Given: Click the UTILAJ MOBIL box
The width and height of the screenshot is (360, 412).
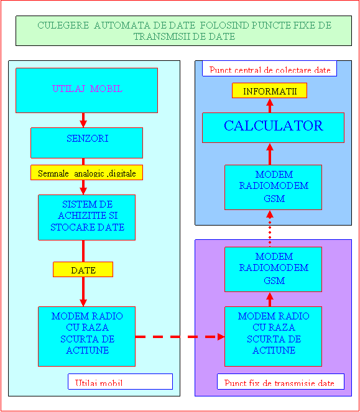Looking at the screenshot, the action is [87, 90].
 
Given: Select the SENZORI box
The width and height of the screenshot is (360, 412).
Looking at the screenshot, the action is [87, 143].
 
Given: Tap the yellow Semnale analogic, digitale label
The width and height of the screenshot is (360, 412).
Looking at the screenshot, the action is [87, 173].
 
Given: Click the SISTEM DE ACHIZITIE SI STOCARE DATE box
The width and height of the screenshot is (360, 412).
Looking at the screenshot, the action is [87, 217].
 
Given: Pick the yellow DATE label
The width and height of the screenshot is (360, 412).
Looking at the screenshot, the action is [83, 269].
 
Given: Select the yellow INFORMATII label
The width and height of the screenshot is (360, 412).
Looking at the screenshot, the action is [270, 91].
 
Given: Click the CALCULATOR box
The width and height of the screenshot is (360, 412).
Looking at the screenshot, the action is [273, 127].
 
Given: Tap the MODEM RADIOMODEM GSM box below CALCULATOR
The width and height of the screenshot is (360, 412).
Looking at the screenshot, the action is [273, 187].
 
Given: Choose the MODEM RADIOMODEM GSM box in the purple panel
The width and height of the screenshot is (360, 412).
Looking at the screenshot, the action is [273, 269].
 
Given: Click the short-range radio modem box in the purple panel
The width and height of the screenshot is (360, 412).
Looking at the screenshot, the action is [273, 336].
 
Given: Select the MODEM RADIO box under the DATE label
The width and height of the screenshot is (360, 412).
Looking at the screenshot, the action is [87, 336].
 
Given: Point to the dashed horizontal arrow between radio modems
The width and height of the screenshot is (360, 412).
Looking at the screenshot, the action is [180, 337].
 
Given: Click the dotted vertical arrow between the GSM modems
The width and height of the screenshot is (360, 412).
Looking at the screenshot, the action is [270, 229].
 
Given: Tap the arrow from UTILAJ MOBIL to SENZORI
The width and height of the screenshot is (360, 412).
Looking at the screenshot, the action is [83, 121].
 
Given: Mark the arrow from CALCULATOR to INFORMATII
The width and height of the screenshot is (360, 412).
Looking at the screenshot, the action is [270, 106].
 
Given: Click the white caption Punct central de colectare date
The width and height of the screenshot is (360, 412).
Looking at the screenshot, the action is [270, 68].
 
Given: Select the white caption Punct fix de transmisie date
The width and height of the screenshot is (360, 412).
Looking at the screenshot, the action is [280, 382].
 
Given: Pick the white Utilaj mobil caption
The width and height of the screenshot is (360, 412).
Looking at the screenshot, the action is [120, 382].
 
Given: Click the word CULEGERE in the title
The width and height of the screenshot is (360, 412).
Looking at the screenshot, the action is [63, 25].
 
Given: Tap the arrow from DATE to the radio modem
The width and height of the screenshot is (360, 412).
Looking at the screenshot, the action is [83, 291].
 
